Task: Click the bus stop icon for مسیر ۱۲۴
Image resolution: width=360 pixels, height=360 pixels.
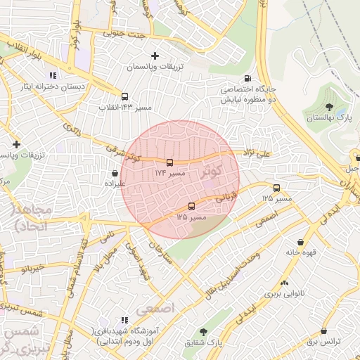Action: click(169, 162)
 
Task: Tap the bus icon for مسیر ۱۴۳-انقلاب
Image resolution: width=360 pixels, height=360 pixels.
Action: click(124, 97)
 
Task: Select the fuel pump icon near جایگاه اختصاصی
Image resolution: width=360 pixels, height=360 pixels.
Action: click(247, 79)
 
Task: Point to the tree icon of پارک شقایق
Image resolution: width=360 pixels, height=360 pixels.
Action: click(204, 331)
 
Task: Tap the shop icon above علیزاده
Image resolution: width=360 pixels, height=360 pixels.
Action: click(115, 172)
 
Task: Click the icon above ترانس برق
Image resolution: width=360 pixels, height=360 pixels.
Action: click(323, 330)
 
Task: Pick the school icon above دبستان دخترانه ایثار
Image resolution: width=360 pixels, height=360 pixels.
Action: click(52, 76)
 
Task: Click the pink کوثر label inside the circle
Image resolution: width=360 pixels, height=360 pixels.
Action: click(212, 170)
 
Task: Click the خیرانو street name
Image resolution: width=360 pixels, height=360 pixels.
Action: click(32, 268)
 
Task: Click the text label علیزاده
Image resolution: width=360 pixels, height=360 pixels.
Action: click(115, 183)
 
